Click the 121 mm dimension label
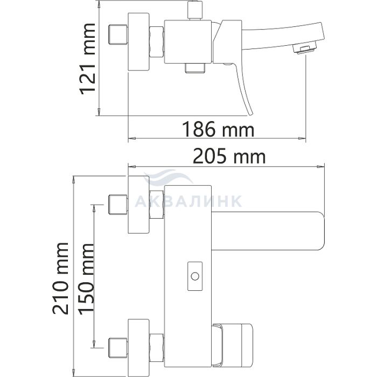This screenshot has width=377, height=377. click(87, 59)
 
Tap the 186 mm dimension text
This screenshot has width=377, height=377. click(218, 129)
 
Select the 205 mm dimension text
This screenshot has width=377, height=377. click(229, 156)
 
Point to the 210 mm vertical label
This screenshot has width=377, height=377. click(60, 278)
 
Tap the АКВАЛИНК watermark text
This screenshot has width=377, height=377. click(188, 201)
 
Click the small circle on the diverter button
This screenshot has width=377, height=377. click(195, 276)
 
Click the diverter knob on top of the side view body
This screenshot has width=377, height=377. click(195, 10)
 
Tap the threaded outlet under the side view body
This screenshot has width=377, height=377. click(195, 68)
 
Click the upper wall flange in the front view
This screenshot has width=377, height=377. click(139, 204)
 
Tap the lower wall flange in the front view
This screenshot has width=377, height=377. click(139, 348)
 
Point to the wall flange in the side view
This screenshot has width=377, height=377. click(139, 41)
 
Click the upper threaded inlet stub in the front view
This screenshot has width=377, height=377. click(118, 204)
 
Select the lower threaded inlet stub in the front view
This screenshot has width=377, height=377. click(118, 348)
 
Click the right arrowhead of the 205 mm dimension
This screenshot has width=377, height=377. click(320, 166)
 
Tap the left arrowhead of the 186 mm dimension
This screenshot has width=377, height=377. click(132, 138)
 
